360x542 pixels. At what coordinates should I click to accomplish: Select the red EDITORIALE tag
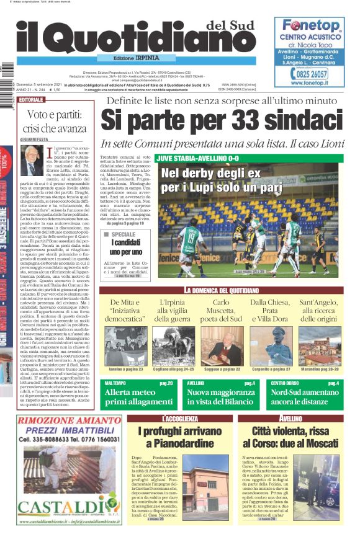click(32, 100)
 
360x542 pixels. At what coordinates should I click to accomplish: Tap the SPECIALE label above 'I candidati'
click(127, 234)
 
